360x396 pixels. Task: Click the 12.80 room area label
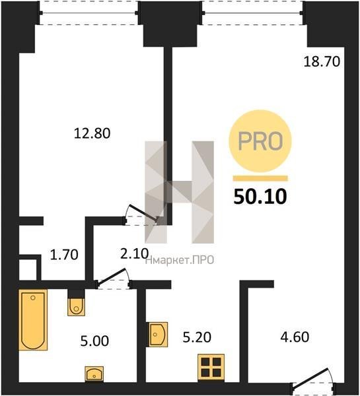point(92,133)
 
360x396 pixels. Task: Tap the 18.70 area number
point(322,61)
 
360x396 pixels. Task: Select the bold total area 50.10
point(260,197)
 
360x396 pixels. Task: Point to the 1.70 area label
point(64,255)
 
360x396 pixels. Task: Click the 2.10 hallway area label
point(134,253)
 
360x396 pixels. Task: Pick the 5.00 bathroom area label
point(94,341)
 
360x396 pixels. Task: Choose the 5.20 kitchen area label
point(197,337)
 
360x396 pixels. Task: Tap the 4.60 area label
point(295,337)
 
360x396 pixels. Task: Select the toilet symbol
point(76,306)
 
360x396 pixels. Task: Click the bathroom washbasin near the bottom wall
point(94,374)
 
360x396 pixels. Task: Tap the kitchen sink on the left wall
point(157,335)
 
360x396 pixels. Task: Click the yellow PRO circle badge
point(260,141)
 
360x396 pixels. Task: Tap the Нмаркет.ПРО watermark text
point(180,260)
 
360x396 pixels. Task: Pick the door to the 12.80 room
point(141,214)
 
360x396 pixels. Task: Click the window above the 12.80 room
point(89,13)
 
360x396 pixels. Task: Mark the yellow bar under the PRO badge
point(260,178)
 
